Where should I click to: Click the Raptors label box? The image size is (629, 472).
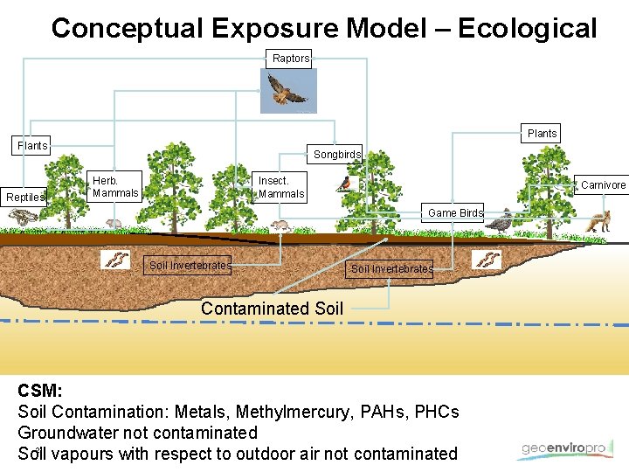click(291, 59)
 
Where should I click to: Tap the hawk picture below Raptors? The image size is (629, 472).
click(288, 90)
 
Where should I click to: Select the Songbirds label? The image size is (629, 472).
click(337, 155)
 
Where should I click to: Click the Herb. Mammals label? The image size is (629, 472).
click(115, 186)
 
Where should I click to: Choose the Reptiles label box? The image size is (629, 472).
click(24, 198)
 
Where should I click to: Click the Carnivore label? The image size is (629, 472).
click(604, 185)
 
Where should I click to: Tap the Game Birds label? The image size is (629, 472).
click(455, 213)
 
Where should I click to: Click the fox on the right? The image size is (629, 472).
click(598, 223)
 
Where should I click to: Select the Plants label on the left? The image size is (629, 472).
click(33, 146)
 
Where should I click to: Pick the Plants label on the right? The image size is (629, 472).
click(542, 134)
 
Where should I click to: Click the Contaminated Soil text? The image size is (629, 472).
click(272, 308)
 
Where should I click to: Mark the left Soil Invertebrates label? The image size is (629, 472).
click(190, 265)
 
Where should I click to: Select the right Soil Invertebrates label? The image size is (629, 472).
click(391, 269)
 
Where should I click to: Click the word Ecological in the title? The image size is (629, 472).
click(527, 28)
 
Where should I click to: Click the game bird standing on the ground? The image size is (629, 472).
click(499, 222)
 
